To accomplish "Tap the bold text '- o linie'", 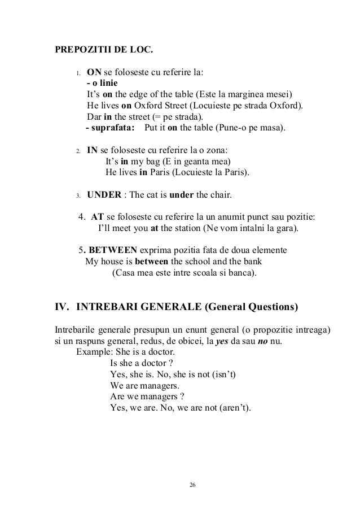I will coord(102,84).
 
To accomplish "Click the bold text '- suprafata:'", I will coord(109,128).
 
